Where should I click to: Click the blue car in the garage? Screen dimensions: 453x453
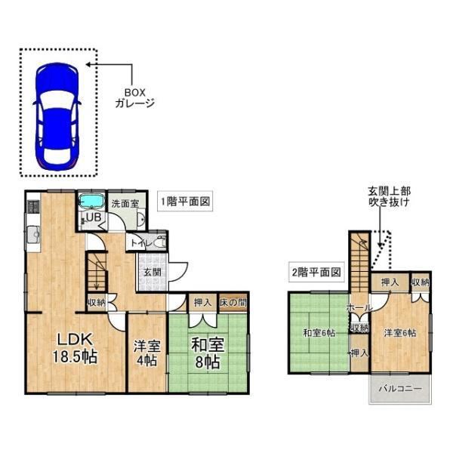click(57, 117)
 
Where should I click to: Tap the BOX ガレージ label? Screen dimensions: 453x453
click(135, 98)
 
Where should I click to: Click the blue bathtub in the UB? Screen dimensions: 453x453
click(91, 201)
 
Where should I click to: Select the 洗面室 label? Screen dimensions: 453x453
click(125, 204)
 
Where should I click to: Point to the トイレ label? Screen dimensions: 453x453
click(141, 243)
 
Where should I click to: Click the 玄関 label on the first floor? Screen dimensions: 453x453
click(152, 272)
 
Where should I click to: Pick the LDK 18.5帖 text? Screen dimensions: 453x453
click(75, 348)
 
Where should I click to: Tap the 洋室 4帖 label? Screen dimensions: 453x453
click(146, 353)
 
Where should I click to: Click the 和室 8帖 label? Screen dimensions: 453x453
click(208, 353)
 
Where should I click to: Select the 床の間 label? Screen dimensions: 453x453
click(233, 303)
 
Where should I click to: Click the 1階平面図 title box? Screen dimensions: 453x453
click(185, 201)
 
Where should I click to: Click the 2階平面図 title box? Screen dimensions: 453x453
click(316, 272)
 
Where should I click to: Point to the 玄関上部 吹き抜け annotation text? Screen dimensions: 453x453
click(389, 196)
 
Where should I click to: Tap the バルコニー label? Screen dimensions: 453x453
click(400, 388)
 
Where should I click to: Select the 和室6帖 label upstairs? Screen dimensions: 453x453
click(319, 333)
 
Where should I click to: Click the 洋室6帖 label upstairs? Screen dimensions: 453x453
click(400, 333)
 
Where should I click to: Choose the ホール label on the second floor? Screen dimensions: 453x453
click(359, 308)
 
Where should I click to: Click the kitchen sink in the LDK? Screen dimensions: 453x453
click(34, 235)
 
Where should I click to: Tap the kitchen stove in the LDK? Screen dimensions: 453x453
click(33, 207)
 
